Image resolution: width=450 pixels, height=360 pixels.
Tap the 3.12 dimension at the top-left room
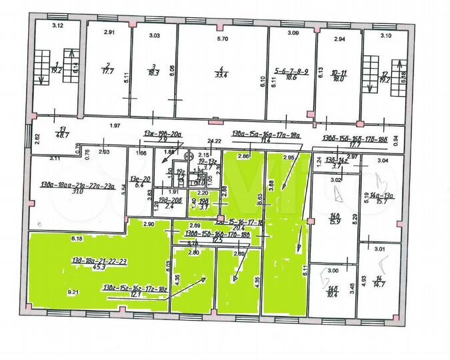coord(58,25)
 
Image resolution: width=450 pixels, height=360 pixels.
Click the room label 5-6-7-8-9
coord(291,69)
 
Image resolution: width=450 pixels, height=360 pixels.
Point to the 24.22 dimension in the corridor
coord(215,142)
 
